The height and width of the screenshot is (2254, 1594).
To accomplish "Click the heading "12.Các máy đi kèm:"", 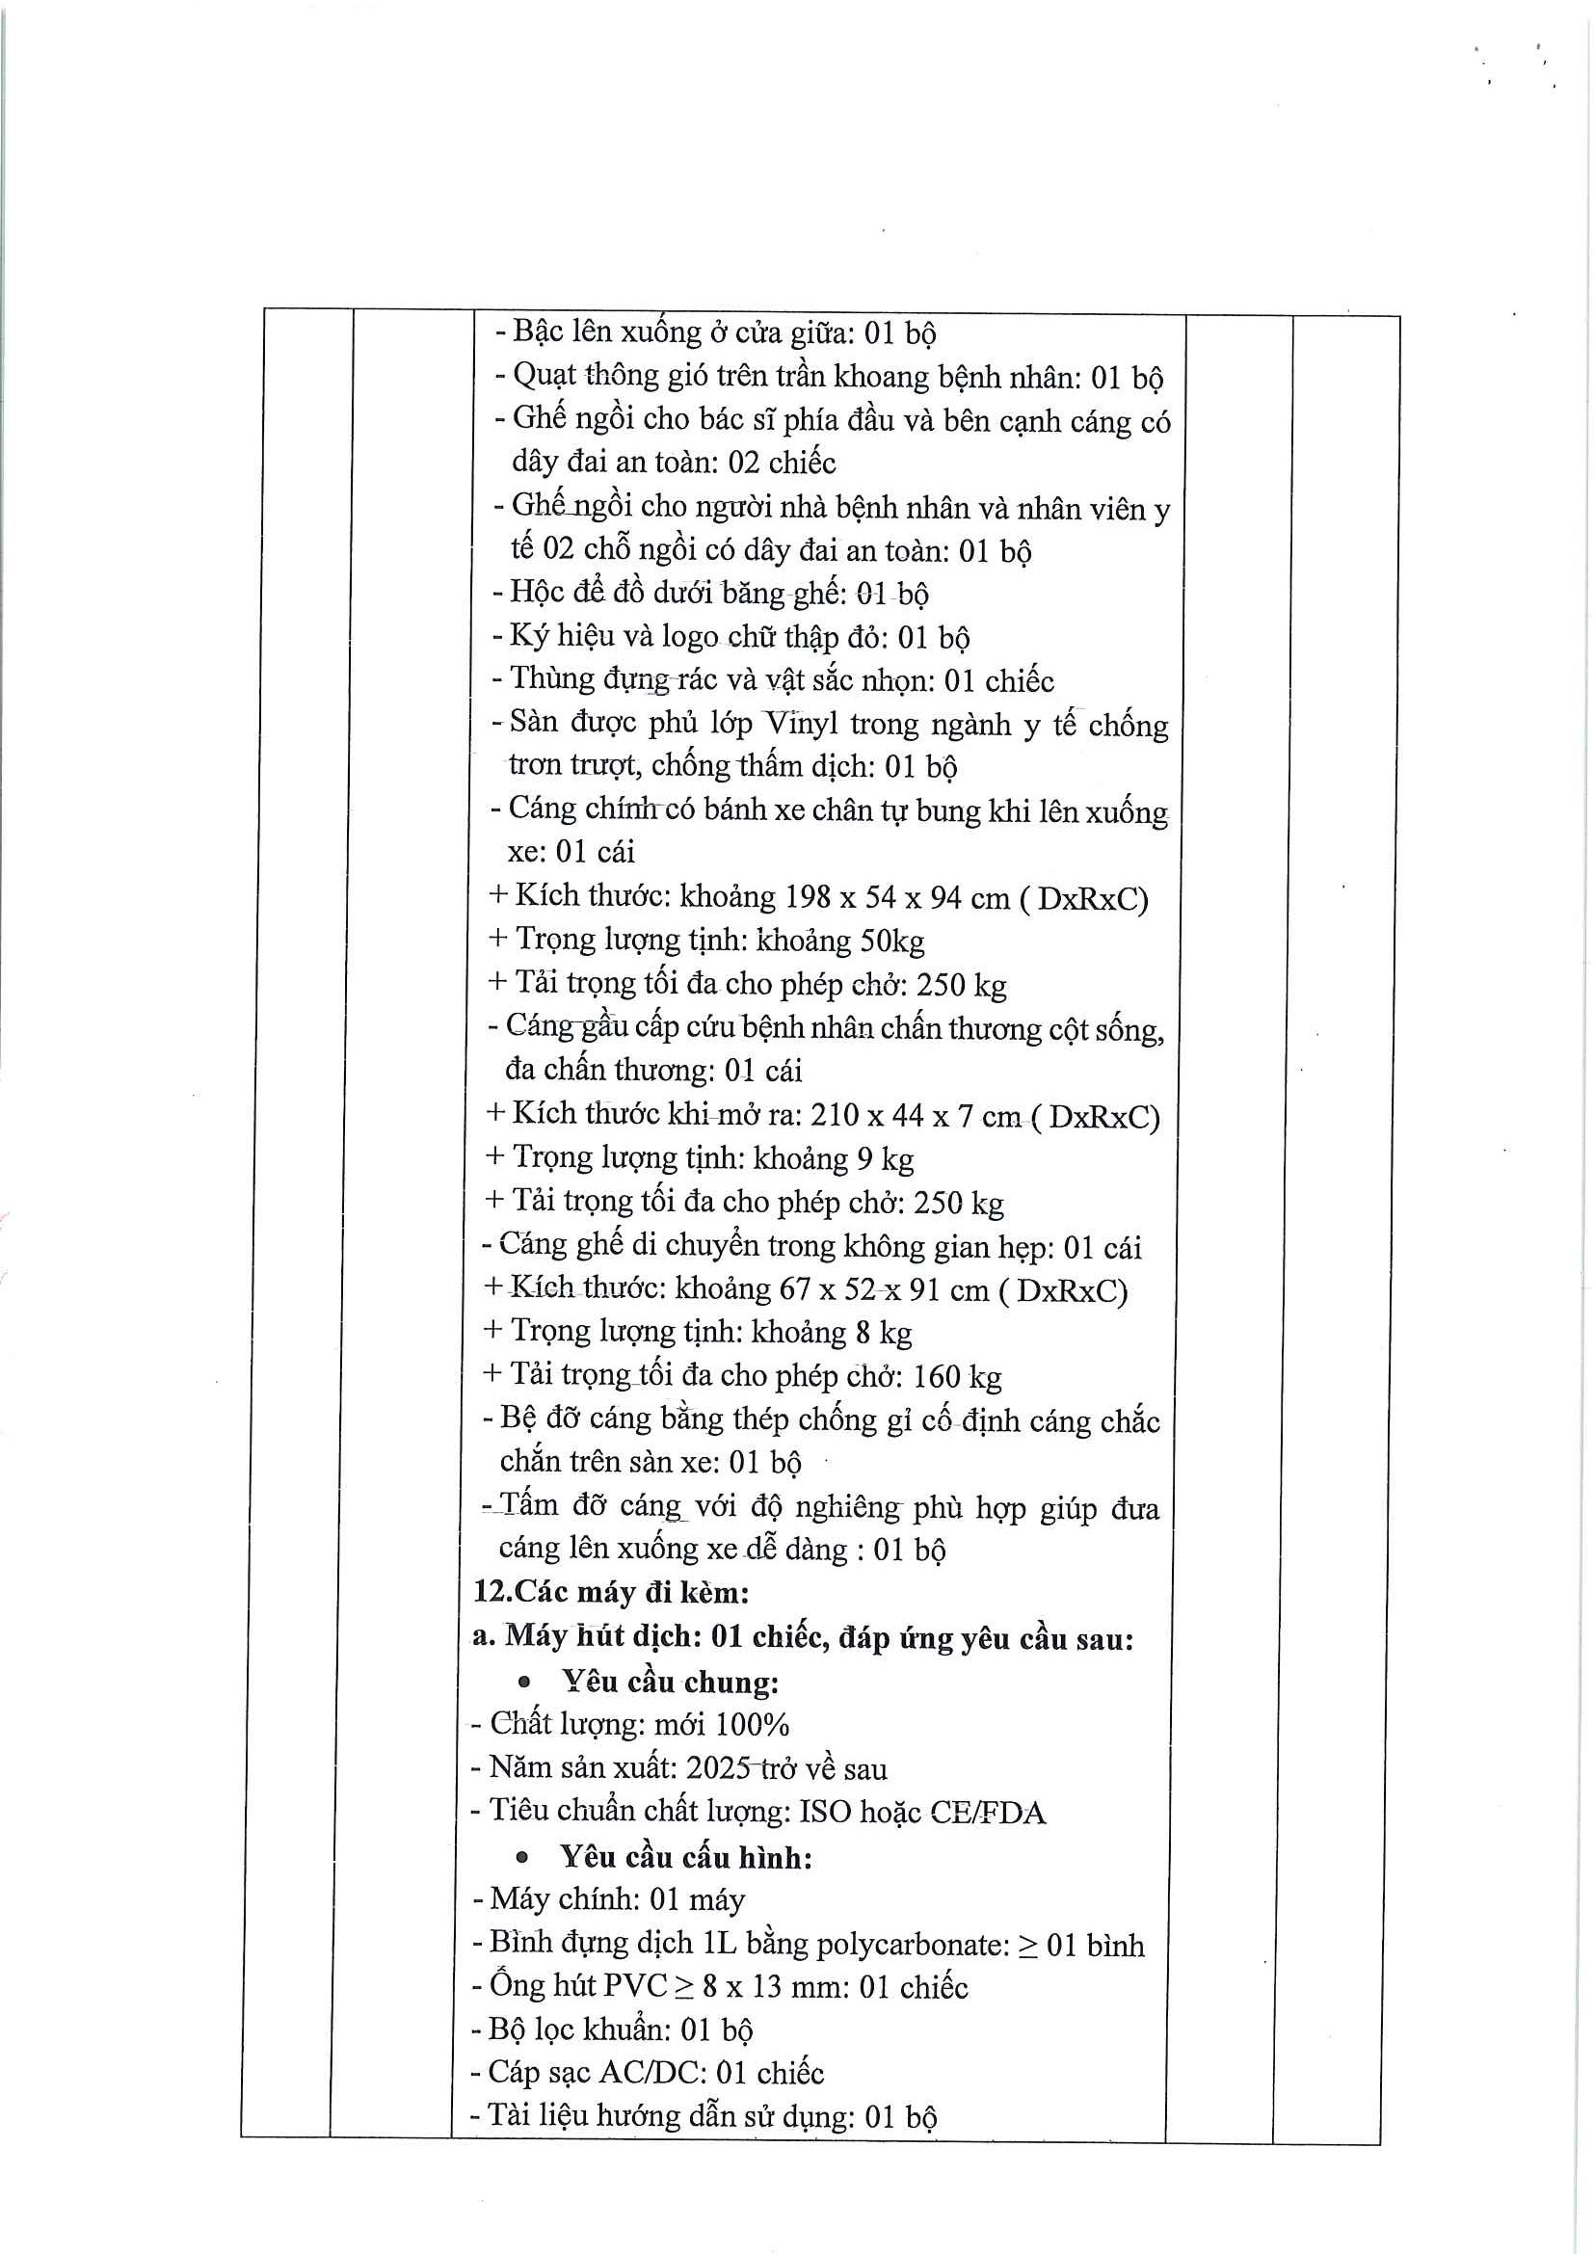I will click(609, 1591).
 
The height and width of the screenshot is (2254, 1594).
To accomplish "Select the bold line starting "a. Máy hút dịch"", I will click(802, 1636).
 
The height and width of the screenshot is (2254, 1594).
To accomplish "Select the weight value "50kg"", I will click(891, 941).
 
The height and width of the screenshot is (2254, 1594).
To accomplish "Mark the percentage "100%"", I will click(752, 1725).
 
